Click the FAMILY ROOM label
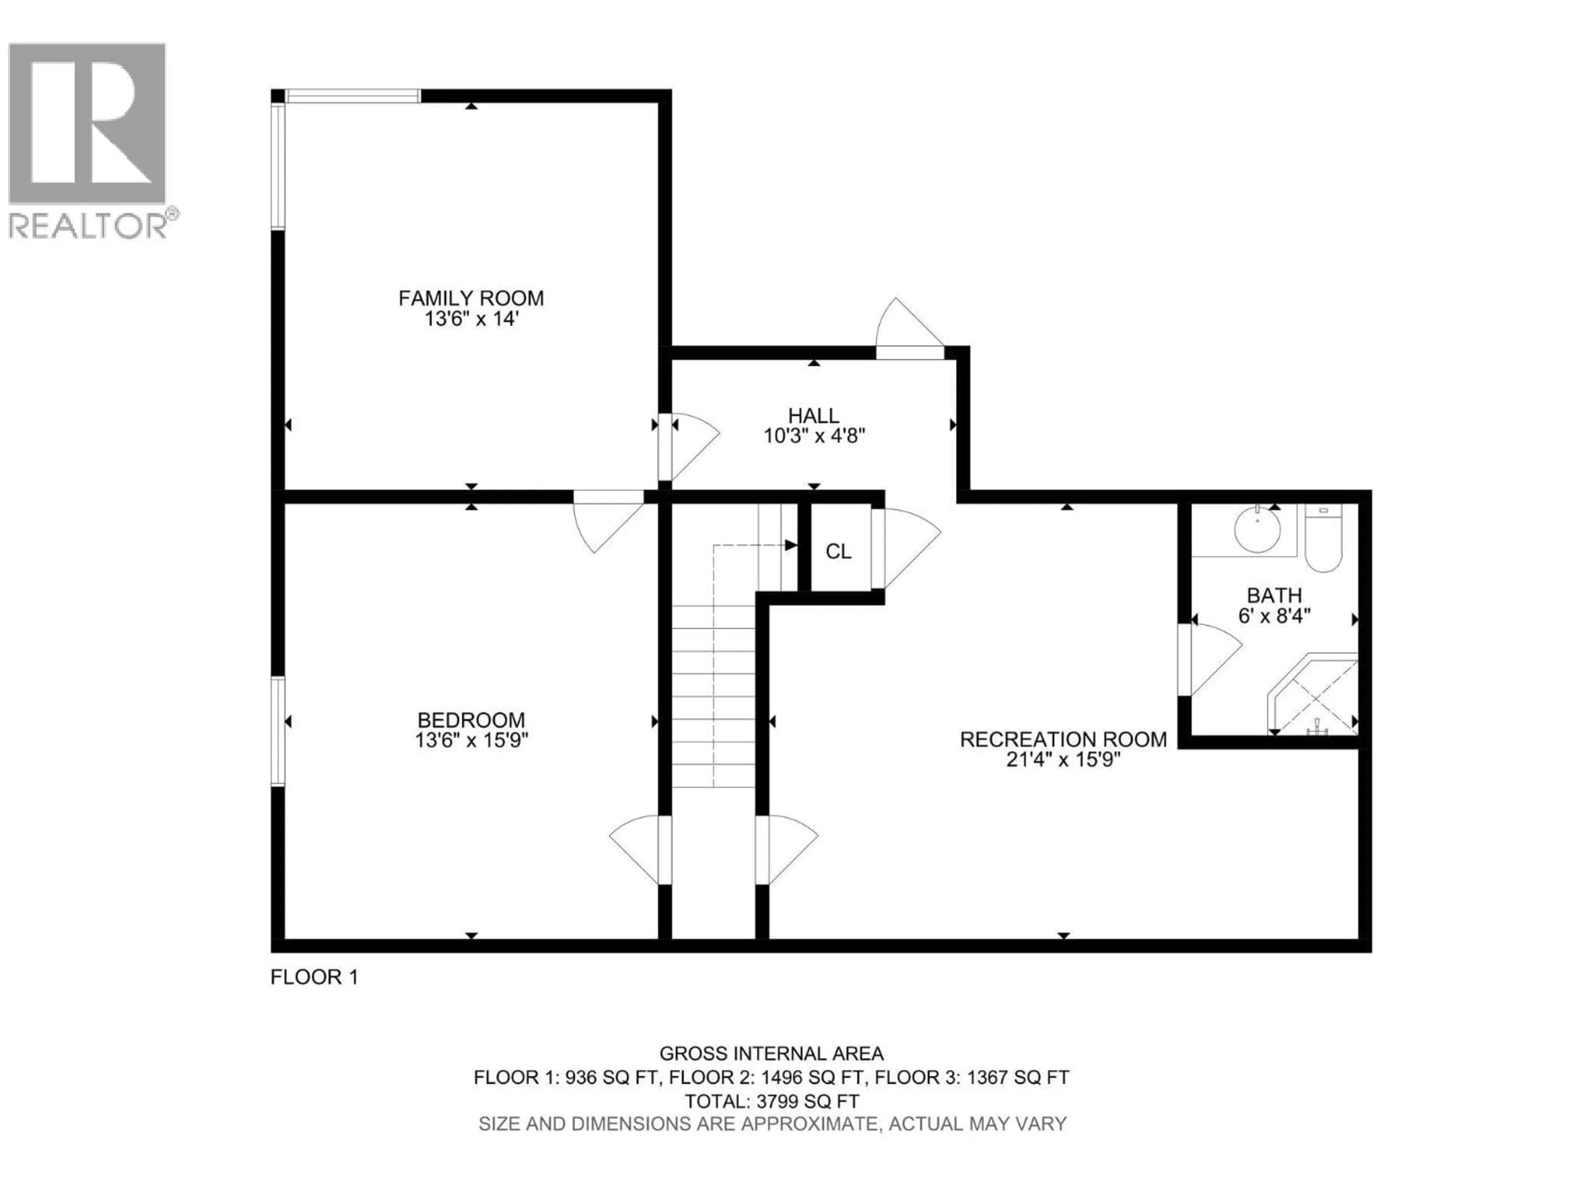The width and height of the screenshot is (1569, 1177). (x=471, y=298)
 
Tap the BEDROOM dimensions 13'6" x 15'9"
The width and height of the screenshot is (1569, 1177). (x=471, y=741)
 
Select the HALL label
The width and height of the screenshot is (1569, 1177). (x=814, y=416)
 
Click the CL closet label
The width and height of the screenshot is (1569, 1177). (x=838, y=551)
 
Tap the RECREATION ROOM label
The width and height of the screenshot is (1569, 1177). (x=1063, y=739)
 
